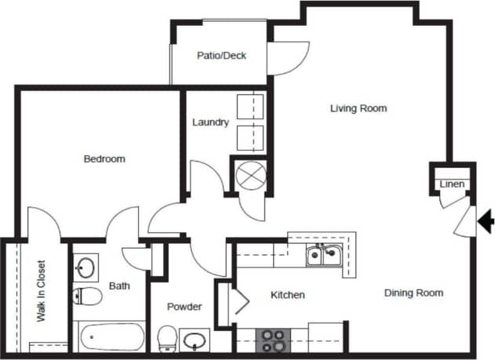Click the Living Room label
[359, 108]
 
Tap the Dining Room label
[413, 293]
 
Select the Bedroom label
[104, 159]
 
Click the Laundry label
[210, 122]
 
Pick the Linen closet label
[452, 185]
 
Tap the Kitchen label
[287, 295]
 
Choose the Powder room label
[185, 307]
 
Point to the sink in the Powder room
[195, 341]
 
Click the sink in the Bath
[86, 267]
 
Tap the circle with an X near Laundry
[251, 174]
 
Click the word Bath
[119, 286]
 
